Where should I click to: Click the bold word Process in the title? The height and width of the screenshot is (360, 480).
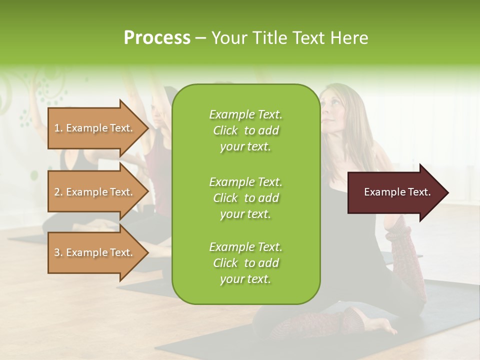click(157, 38)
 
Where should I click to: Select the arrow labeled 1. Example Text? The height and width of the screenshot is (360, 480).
click(95, 128)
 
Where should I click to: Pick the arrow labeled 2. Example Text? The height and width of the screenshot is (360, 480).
click(95, 192)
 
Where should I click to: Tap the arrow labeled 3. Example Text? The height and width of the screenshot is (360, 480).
click(95, 252)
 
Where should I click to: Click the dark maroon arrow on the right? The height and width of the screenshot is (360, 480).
click(395, 192)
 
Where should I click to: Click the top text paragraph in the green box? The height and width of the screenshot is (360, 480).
click(245, 130)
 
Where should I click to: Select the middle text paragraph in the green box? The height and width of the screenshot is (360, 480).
click(245, 198)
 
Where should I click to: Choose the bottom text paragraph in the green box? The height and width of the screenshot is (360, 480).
click(245, 263)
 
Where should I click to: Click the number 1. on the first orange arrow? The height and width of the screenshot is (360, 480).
click(58, 128)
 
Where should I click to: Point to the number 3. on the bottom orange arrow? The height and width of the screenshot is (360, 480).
click(58, 252)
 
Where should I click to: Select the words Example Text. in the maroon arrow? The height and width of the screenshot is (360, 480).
click(397, 192)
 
